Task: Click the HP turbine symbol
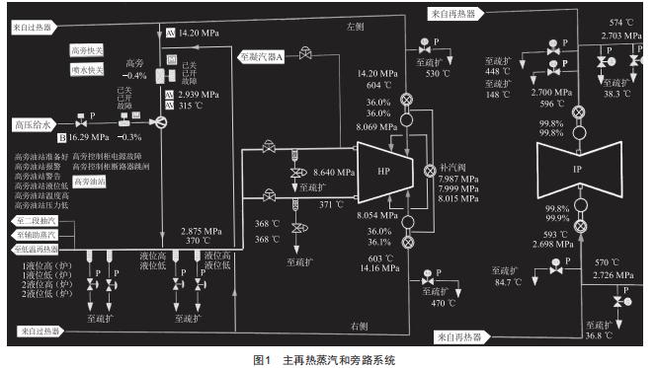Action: [x=383, y=171]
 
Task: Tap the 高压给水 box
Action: [x=33, y=124]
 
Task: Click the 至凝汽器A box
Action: [x=261, y=57]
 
